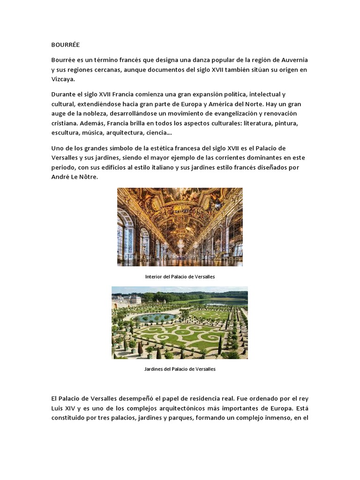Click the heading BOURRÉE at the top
click(x=66, y=45)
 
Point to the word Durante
click(x=64, y=96)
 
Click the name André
click(x=61, y=177)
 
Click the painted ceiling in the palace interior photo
click(x=180, y=206)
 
